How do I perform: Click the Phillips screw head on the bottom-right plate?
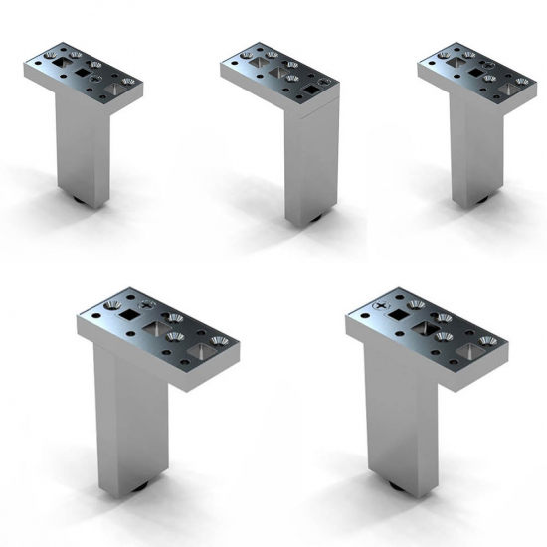tap(380, 301)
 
